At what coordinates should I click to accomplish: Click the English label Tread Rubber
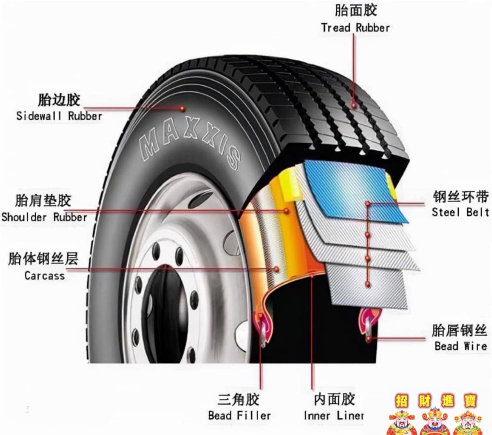[355, 28]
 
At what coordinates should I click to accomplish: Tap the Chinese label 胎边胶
[59, 100]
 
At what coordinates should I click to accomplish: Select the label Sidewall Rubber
[59, 116]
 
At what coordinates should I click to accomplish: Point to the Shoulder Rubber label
[44, 217]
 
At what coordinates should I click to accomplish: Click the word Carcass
[45, 276]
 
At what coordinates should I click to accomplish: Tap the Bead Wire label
[461, 346]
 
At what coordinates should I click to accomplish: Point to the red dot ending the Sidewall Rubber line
[182, 108]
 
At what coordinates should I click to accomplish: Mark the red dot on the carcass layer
[276, 269]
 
